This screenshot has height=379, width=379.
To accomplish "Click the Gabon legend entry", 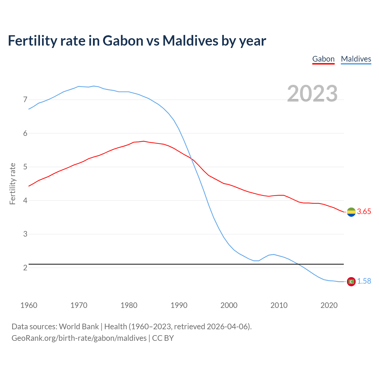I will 323,59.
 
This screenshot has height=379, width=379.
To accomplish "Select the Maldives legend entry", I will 356,59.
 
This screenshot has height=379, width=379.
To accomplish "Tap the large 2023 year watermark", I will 312,94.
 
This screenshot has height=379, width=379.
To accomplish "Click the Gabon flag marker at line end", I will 351,212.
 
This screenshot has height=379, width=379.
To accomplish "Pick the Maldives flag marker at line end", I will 351,281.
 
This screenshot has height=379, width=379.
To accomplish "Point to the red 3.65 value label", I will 364,212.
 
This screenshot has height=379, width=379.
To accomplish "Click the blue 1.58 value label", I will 364,281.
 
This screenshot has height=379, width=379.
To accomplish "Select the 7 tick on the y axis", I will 25,100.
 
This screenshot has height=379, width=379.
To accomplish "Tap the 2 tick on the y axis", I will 25,268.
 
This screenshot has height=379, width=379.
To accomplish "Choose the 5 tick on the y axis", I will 25,167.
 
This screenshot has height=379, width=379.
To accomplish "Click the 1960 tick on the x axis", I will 29,305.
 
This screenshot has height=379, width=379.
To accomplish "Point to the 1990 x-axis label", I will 179,305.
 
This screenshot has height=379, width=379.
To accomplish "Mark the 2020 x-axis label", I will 329,305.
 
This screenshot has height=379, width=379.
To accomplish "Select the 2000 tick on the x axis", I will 229,305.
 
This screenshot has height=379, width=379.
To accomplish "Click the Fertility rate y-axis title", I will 12,184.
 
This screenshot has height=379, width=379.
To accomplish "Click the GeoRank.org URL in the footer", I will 79,338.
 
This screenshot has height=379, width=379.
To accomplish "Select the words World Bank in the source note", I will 79,327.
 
